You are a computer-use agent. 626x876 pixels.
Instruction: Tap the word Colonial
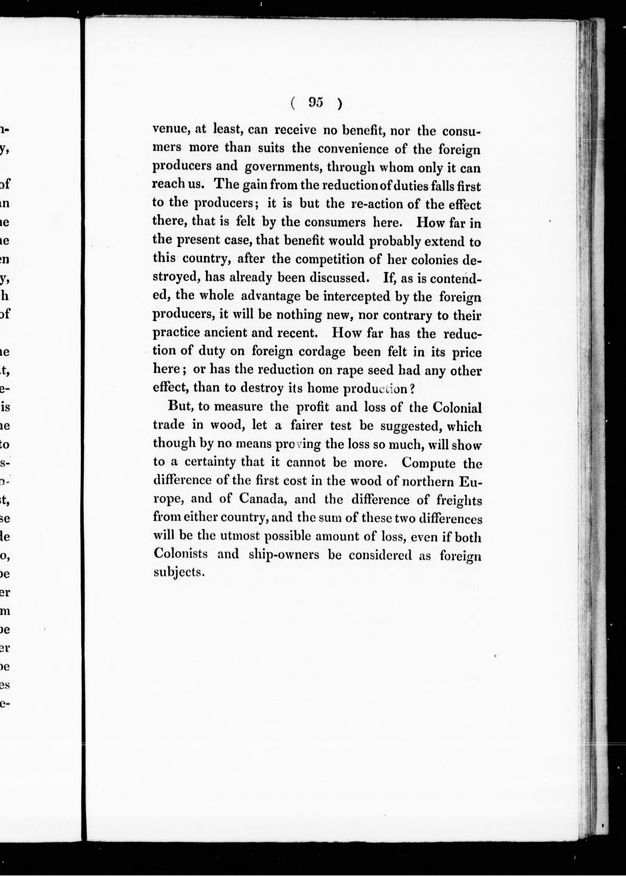(x=457, y=408)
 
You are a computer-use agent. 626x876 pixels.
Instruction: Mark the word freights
(x=459, y=500)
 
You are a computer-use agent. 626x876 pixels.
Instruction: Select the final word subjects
(x=173, y=572)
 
